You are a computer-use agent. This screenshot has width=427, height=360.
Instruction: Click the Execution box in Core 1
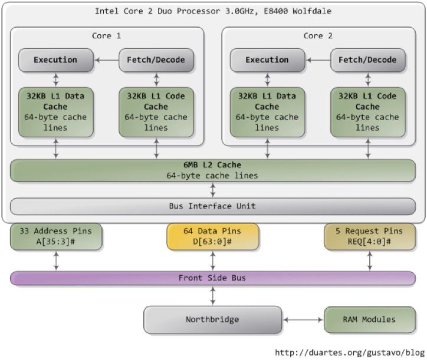pos(56,60)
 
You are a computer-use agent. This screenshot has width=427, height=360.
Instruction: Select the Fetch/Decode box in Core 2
pos(367,60)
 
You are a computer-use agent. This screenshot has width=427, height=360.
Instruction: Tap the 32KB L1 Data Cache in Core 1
pos(56,112)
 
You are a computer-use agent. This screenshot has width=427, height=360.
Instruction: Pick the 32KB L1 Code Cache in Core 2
pos(367,112)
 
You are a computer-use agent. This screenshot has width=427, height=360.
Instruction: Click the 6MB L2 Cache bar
pos(212,170)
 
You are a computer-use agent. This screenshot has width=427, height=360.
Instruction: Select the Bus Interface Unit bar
pos(212,206)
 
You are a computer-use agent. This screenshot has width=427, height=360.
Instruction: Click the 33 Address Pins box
pos(56,236)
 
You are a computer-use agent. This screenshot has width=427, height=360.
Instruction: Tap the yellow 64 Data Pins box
pos(212,236)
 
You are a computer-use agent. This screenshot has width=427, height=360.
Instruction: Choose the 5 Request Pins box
pos(369,236)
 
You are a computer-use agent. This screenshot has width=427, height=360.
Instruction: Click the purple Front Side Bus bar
pos(212,278)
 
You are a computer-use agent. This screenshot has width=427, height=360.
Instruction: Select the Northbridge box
pos(212,319)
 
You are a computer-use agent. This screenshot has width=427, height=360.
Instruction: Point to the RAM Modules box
pos(369,319)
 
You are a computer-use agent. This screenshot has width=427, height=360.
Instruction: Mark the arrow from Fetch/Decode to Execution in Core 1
pos(106,60)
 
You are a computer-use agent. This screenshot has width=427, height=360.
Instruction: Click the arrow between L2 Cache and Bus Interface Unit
pos(213,190)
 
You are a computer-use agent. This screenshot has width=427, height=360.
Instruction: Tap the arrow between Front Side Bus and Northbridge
pos(213,296)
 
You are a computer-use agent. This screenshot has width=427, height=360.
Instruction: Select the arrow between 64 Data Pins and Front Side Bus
pos(213,260)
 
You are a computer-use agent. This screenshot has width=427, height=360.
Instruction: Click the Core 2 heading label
pos(318,36)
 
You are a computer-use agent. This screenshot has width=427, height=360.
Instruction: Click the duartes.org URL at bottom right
pos(350,352)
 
